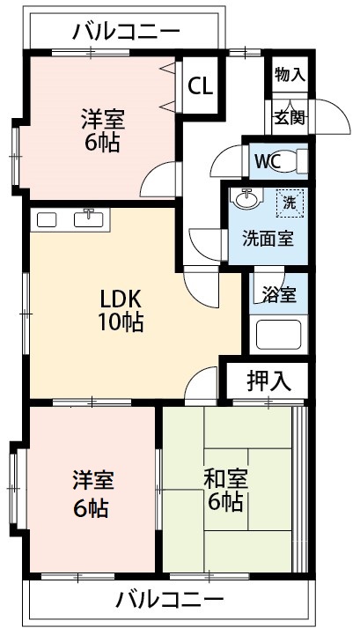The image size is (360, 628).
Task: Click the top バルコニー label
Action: tap(126, 32)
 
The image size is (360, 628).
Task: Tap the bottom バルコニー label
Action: tap(169, 601)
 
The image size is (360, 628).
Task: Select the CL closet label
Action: tap(201, 86)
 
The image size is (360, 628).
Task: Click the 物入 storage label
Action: tap(290, 75)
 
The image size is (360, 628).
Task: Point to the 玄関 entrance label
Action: tap(287, 115)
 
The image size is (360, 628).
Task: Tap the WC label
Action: tap(268, 162)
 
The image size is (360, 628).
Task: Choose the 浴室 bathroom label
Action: tap(281, 295)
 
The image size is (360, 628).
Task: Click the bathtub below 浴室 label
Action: tap(278, 336)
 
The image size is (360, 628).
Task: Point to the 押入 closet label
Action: tap(267, 381)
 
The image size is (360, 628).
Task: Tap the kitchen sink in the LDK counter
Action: tap(90, 219)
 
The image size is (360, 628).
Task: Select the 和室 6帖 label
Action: tap(225, 490)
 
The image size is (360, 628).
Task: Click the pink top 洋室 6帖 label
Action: tap(101, 129)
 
